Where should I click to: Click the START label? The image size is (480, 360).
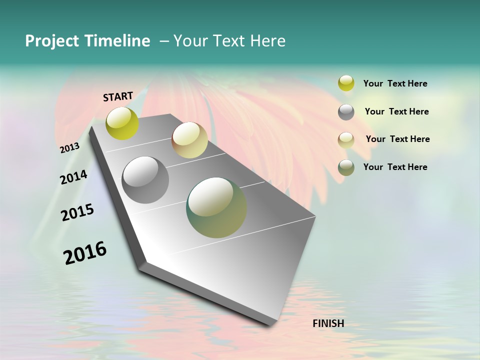118,96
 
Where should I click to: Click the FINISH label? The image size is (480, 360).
328,323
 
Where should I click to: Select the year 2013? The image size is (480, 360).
69,148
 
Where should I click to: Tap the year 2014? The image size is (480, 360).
73,177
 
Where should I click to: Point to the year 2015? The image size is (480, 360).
77,212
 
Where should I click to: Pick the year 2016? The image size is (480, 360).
85,253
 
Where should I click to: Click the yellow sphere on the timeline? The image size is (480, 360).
122,123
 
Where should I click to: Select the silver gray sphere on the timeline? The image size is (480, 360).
145,180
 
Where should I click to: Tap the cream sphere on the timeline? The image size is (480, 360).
189,140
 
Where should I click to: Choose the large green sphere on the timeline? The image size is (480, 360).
216,207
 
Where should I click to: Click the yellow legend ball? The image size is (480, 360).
346,83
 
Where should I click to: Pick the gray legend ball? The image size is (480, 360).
346,112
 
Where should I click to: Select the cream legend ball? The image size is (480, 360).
346,139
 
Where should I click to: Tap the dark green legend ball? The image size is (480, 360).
346,167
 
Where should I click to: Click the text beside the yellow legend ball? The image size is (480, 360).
395,83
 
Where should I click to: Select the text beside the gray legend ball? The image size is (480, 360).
396,111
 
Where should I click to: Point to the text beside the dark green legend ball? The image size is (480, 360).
395,167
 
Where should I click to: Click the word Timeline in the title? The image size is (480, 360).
117,41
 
